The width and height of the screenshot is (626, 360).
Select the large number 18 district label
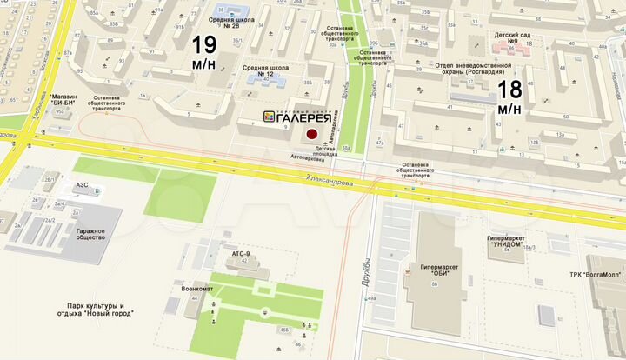[509, 95]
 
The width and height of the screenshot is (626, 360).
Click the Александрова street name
[323, 183]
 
